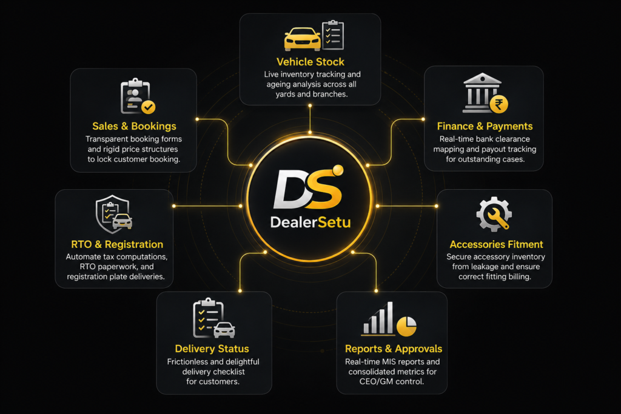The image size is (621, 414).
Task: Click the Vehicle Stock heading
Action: (310, 62)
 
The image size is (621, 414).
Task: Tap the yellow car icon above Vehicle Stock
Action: (302, 39)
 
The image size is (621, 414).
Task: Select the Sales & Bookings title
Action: (134, 126)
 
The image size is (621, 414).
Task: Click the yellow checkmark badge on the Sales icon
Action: (149, 107)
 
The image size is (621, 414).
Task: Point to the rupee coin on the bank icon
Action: (499, 104)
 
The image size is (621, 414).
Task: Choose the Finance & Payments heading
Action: (485, 126)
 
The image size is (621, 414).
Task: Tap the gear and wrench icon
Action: (494, 214)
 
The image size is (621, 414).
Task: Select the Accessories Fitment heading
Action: (496, 244)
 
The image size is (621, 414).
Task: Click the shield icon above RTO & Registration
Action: (113, 214)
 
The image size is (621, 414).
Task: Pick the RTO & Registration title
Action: (117, 244)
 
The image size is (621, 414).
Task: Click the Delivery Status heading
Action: (212, 349)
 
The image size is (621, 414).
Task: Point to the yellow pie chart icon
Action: (406, 326)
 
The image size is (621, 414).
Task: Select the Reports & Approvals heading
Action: (393, 349)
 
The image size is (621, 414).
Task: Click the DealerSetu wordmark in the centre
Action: (310, 222)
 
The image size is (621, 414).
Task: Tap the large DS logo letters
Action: (307, 189)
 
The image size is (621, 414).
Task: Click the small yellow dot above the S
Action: (338, 170)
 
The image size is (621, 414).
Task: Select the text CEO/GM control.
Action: (392, 381)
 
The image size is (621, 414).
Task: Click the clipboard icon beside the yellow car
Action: (333, 35)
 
